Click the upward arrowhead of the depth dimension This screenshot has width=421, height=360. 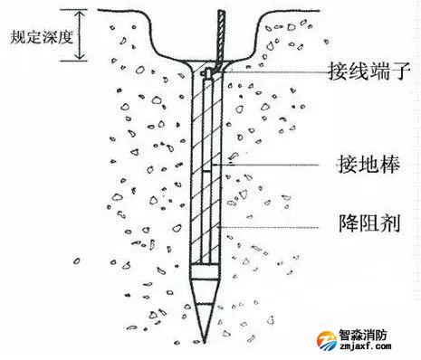[79, 14]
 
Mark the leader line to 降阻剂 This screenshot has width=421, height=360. [272, 221]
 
